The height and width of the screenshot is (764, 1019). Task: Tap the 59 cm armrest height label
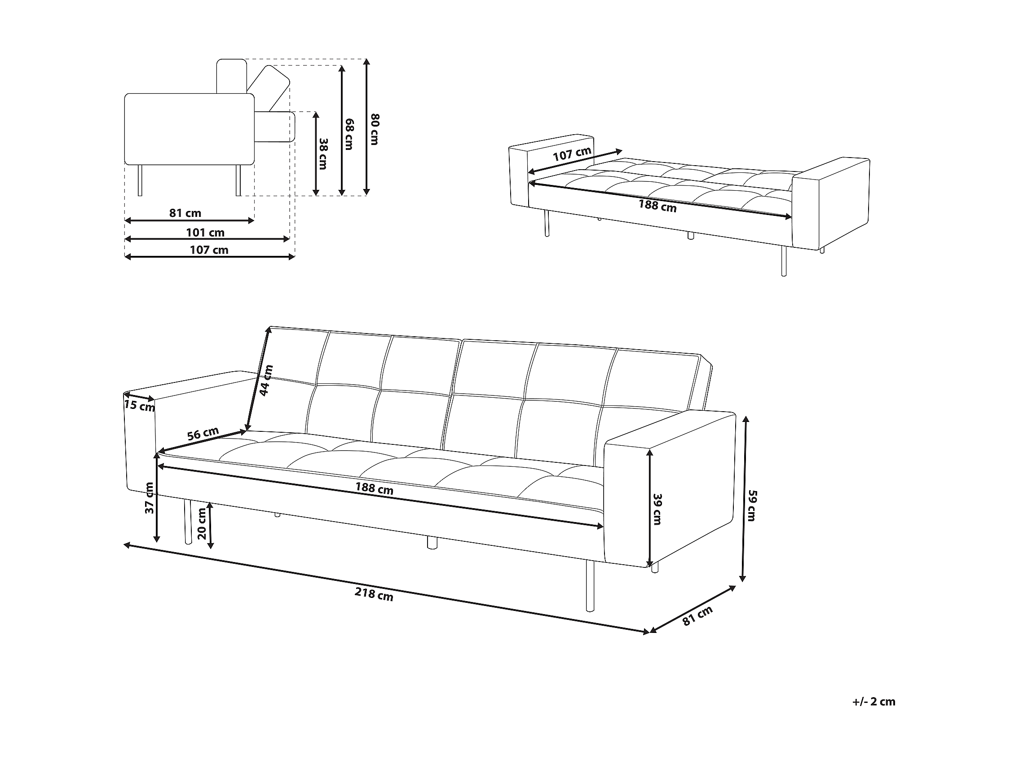[x=751, y=505]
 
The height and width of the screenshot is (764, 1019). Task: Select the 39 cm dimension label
[x=657, y=509]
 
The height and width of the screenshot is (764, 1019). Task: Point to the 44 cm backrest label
[x=266, y=380]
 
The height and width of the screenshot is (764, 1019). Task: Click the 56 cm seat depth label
[x=203, y=434]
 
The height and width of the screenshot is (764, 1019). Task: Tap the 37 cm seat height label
[x=149, y=498]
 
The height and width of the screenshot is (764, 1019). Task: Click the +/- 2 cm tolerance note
[x=873, y=701]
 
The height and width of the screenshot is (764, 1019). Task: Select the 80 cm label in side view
[x=375, y=129]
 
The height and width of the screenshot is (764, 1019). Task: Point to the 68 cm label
[x=350, y=134]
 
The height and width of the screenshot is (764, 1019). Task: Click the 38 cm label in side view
[x=323, y=154]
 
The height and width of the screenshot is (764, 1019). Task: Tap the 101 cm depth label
[x=205, y=233]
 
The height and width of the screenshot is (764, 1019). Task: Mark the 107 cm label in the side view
[x=209, y=250]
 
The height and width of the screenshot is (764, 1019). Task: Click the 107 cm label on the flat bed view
[x=572, y=154]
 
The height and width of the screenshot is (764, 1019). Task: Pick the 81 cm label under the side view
[x=185, y=213]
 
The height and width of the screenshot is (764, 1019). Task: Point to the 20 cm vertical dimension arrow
[x=211, y=525]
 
